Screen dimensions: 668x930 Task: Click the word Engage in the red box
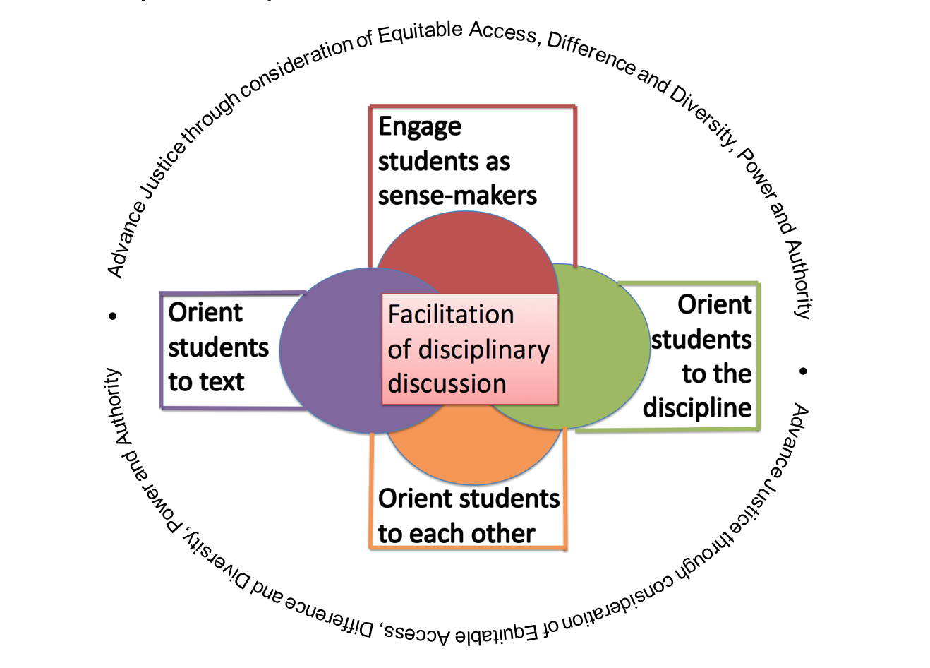click(420, 128)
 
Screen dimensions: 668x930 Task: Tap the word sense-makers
click(457, 196)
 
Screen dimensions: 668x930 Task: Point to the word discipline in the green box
click(697, 408)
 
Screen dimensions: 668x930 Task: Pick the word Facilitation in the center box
click(451, 315)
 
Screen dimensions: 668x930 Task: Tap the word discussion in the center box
click(447, 383)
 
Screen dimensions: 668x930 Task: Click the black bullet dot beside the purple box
click(113, 316)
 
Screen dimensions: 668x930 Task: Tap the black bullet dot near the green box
click(803, 371)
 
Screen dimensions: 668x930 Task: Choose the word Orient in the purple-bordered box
click(205, 313)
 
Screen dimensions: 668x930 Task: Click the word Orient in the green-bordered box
click(714, 305)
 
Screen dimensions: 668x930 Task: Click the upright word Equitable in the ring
click(421, 32)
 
